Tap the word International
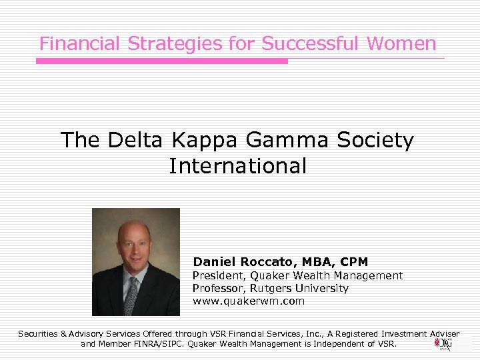click(x=238, y=166)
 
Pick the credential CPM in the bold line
click(x=353, y=262)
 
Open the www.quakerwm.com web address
click(x=249, y=301)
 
